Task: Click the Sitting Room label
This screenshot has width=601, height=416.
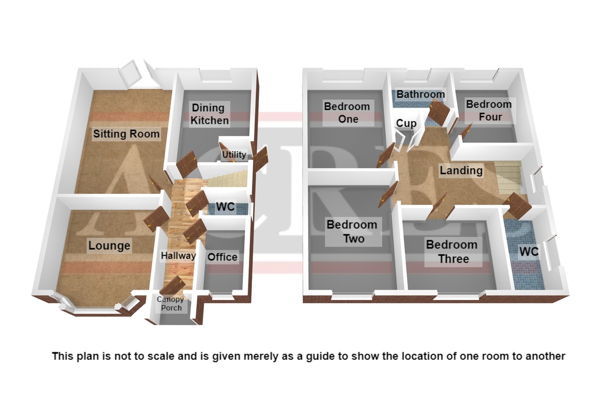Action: pos(126,134)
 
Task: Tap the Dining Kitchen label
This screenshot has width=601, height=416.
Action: pos(209,114)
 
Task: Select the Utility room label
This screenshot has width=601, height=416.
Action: pos(234,155)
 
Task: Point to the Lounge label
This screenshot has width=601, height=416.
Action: pos(109,246)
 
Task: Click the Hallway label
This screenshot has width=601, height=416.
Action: pos(178,256)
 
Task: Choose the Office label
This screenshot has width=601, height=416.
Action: pos(222,257)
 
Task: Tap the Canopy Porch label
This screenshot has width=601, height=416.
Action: pos(170,304)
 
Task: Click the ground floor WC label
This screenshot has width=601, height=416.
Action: pos(225,207)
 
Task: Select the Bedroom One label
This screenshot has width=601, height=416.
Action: pos(347,113)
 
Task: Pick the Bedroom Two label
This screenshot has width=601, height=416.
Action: pos(352,232)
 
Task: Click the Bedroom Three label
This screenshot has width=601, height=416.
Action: pos(452,252)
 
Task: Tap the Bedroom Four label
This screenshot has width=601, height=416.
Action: pos(489,111)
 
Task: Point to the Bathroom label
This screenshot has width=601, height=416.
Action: pos(421,94)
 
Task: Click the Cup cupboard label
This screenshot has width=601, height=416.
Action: pos(407,124)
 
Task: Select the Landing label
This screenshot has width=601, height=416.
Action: pos(461,170)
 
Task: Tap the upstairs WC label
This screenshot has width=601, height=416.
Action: pos(529,252)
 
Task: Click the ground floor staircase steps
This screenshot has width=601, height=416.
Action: pos(227,178)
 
